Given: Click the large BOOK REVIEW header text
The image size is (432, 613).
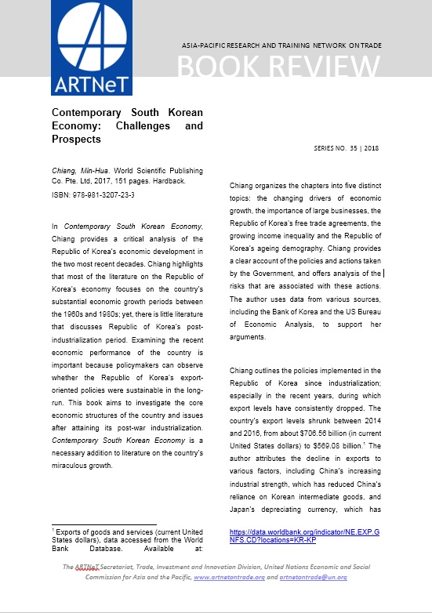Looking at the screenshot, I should (x=279, y=70).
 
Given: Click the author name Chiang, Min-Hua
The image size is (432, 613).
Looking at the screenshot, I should (x=71, y=171).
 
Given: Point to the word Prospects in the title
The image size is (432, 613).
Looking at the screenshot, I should (x=77, y=139).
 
